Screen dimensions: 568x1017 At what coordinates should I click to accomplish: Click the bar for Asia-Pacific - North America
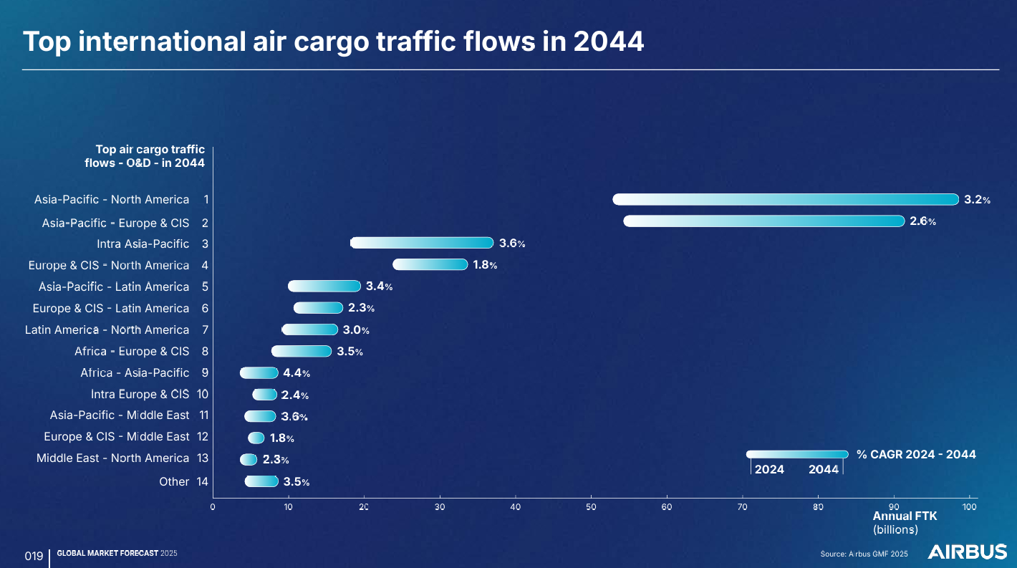tap(785, 200)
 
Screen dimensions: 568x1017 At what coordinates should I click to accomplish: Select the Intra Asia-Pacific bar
tap(422, 243)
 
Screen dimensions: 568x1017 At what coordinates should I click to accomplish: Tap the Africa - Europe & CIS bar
tap(302, 351)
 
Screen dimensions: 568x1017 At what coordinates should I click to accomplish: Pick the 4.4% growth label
tap(297, 373)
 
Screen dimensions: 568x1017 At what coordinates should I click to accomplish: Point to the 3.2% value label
tap(977, 200)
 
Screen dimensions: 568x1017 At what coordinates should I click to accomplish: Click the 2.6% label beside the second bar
tap(922, 221)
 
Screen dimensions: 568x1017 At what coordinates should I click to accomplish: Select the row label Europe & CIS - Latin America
tap(111, 308)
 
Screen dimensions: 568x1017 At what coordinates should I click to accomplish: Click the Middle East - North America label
tap(112, 458)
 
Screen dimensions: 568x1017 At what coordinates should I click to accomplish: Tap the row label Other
tap(174, 481)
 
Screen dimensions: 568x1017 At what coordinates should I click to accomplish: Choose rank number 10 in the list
tap(203, 394)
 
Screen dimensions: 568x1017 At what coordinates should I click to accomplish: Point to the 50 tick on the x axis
tap(591, 507)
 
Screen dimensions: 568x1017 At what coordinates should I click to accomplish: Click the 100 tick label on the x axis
tap(970, 507)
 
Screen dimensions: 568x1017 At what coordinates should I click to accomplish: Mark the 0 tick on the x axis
tap(213, 507)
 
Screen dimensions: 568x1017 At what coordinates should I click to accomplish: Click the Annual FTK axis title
tap(905, 516)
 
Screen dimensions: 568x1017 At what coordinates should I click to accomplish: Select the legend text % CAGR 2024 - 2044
tap(916, 454)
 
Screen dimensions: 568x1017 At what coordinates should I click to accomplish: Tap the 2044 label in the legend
tap(824, 470)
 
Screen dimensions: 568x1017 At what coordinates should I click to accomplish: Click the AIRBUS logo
tap(967, 552)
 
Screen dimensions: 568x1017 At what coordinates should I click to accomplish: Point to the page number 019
tap(34, 556)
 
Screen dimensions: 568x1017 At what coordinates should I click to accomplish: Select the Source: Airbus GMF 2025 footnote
tap(864, 554)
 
